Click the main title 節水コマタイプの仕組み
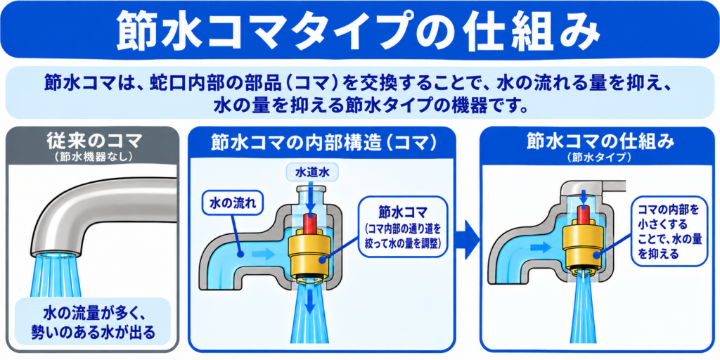point(359,31)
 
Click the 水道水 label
point(311,173)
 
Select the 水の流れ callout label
point(232,203)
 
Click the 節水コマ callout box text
point(403,229)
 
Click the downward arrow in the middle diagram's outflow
point(311,302)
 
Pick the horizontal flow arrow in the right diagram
point(540,248)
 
